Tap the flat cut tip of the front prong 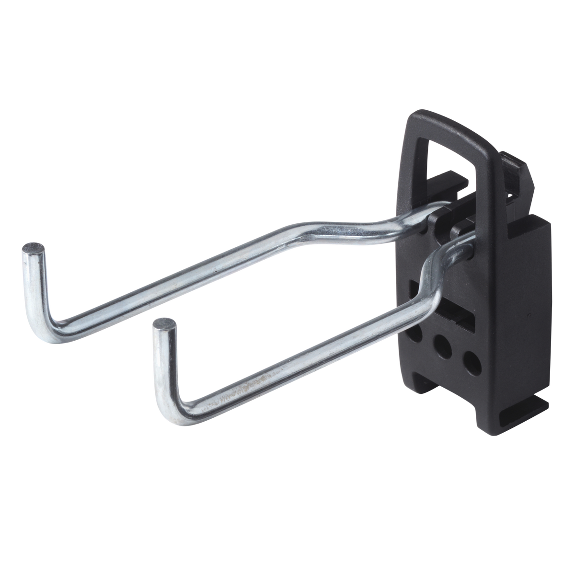tap(164, 324)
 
